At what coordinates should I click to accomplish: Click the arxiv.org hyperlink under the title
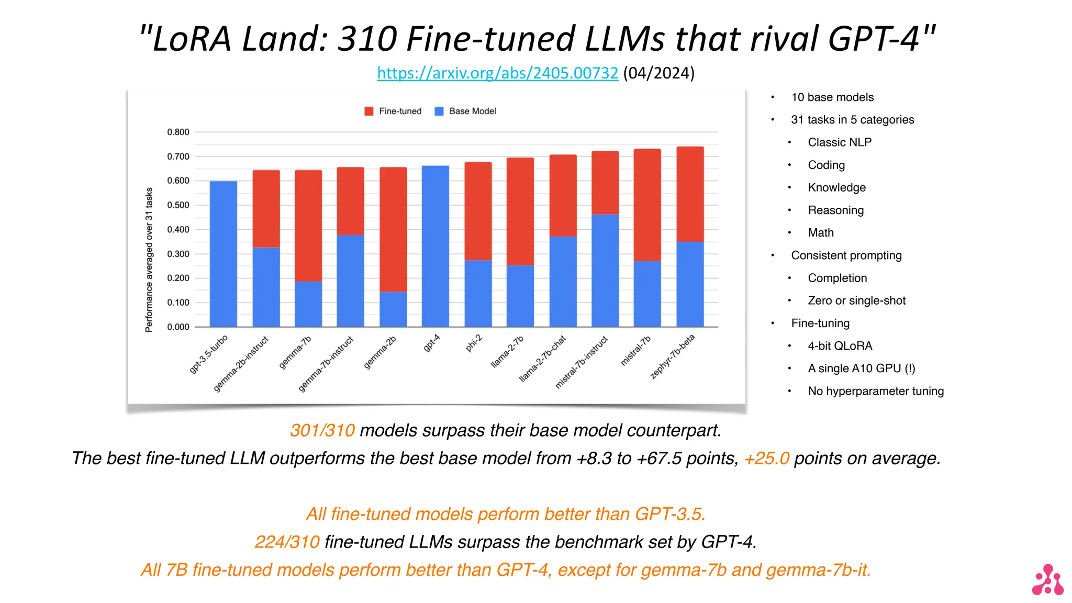[x=497, y=73]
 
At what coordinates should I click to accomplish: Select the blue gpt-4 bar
[x=435, y=246]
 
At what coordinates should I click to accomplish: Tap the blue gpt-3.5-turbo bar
[x=223, y=254]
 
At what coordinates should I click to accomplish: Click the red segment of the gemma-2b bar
[x=393, y=229]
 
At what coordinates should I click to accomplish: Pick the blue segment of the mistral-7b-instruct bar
[x=605, y=270]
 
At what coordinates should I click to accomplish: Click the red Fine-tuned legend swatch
[x=369, y=111]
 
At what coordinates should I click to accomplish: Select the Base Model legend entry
[x=465, y=111]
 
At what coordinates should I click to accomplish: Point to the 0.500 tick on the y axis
[x=178, y=205]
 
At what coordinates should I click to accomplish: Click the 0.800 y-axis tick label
[x=178, y=132]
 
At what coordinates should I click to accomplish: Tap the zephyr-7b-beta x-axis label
[x=673, y=356]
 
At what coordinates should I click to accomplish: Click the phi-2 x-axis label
[x=474, y=343]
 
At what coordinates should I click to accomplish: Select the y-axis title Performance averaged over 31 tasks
[x=149, y=260]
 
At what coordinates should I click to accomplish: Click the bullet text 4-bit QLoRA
[x=840, y=346]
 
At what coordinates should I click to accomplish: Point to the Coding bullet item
[x=826, y=165]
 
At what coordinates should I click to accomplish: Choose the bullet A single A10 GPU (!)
[x=861, y=368]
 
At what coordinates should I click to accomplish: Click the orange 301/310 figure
[x=322, y=430]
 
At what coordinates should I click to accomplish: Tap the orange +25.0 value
[x=766, y=459]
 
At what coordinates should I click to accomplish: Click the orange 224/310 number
[x=287, y=542]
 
